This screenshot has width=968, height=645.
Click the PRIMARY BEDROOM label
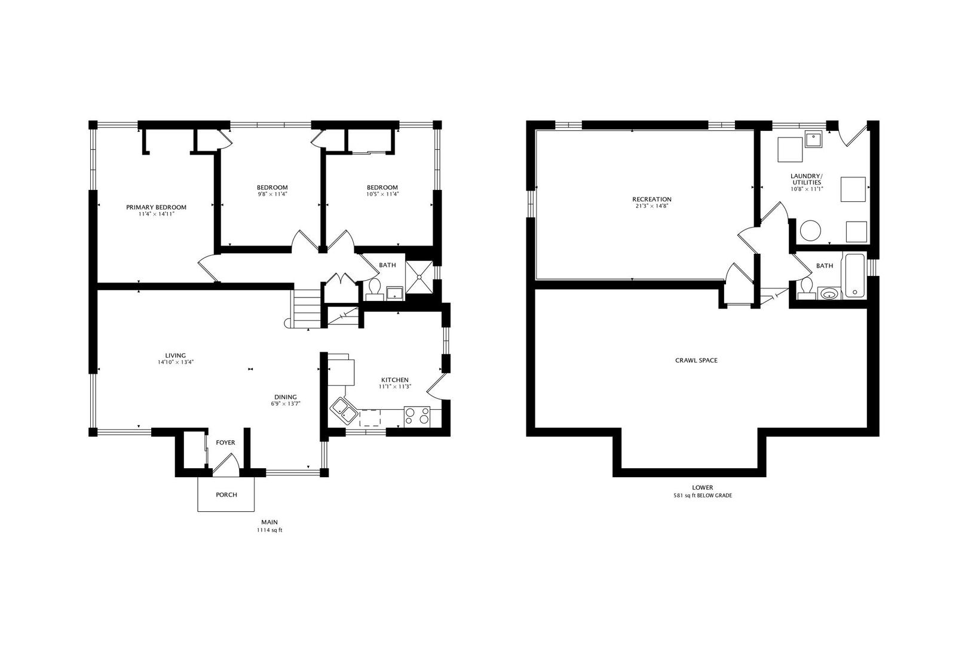tap(156, 207)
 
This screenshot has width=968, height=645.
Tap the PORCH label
tap(226, 494)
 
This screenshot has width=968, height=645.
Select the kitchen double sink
tap(344, 410)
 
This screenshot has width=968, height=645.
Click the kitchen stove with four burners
tap(417, 416)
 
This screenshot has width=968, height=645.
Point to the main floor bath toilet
tap(374, 289)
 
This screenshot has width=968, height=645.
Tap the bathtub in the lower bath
tap(855, 276)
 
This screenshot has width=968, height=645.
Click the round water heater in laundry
tap(810, 231)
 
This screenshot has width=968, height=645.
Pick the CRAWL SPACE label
tap(696, 360)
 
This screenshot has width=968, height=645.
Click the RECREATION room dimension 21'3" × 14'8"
tap(652, 206)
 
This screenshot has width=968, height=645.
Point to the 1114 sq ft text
tap(269, 530)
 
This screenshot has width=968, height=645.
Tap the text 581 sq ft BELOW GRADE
tap(703, 496)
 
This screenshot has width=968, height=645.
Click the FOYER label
tap(226, 443)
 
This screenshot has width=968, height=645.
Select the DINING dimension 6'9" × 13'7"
tap(286, 404)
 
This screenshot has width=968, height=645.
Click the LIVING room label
tap(176, 355)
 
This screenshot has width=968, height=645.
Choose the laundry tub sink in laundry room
tap(814, 139)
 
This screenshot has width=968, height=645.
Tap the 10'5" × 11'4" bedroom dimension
tap(382, 194)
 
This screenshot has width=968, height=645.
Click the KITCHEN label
tap(395, 380)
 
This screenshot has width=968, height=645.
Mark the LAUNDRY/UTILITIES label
tap(807, 179)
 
